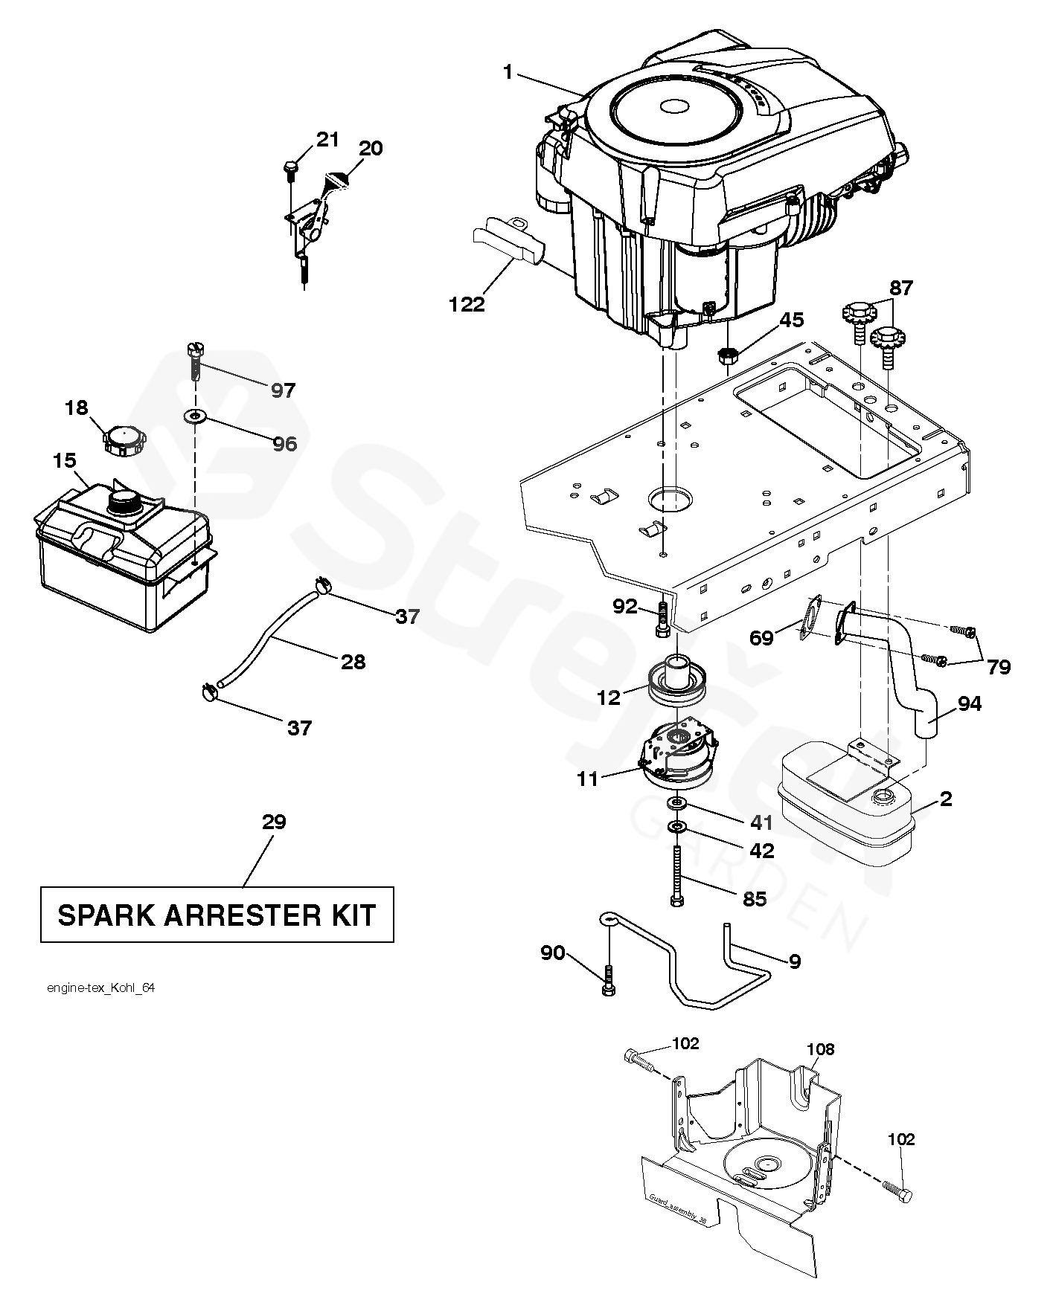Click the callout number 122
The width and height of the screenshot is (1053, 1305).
point(467,304)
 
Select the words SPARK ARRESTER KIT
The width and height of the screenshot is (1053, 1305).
point(217,915)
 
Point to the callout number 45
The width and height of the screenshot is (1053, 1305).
point(791,320)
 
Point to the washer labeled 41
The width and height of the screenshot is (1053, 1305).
point(677,803)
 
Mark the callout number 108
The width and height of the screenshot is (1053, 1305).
point(819,1049)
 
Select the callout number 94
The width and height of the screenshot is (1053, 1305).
point(970,703)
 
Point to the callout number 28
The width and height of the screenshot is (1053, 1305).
point(353,661)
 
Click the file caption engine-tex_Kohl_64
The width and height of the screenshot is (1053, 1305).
point(100,988)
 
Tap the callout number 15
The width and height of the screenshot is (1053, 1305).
point(65,461)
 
